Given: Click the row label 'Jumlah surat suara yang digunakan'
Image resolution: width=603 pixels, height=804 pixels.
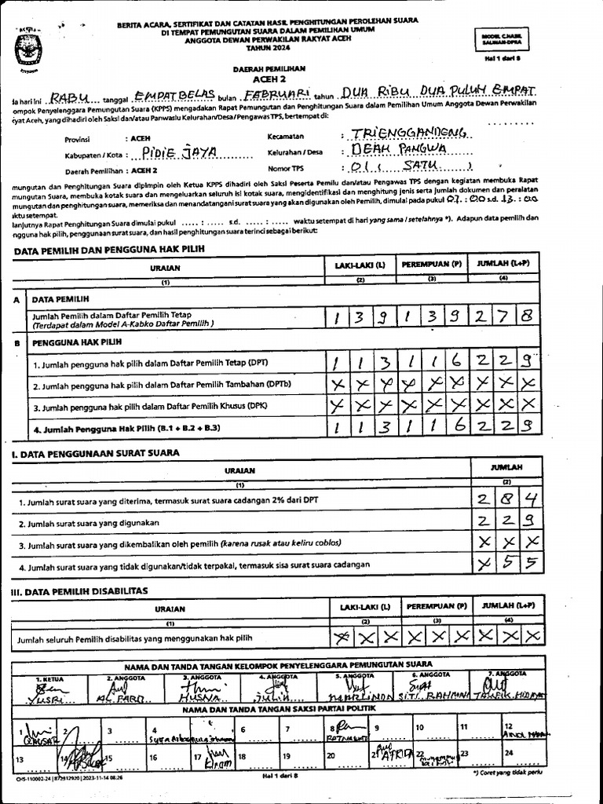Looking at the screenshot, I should pyautogui.click(x=93, y=522).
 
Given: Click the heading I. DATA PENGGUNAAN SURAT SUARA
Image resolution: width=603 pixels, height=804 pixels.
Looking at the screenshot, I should pyautogui.click(x=94, y=453).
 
